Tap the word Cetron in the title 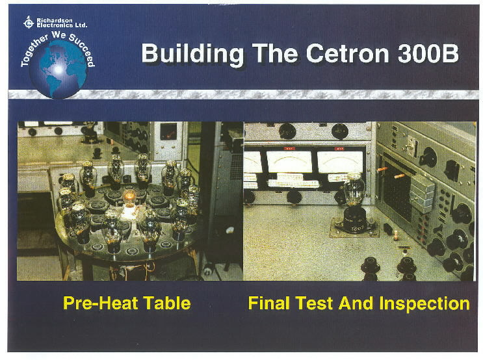347,53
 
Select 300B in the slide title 428,53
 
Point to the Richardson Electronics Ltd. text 62,23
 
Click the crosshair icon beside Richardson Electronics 29,22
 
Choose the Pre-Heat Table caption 127,303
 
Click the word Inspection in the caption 424,303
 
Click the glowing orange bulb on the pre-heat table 129,196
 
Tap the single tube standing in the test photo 354,189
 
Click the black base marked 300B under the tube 355,220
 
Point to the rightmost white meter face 340,162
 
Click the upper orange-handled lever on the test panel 383,169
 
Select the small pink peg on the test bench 396,237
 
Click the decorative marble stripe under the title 243,94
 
